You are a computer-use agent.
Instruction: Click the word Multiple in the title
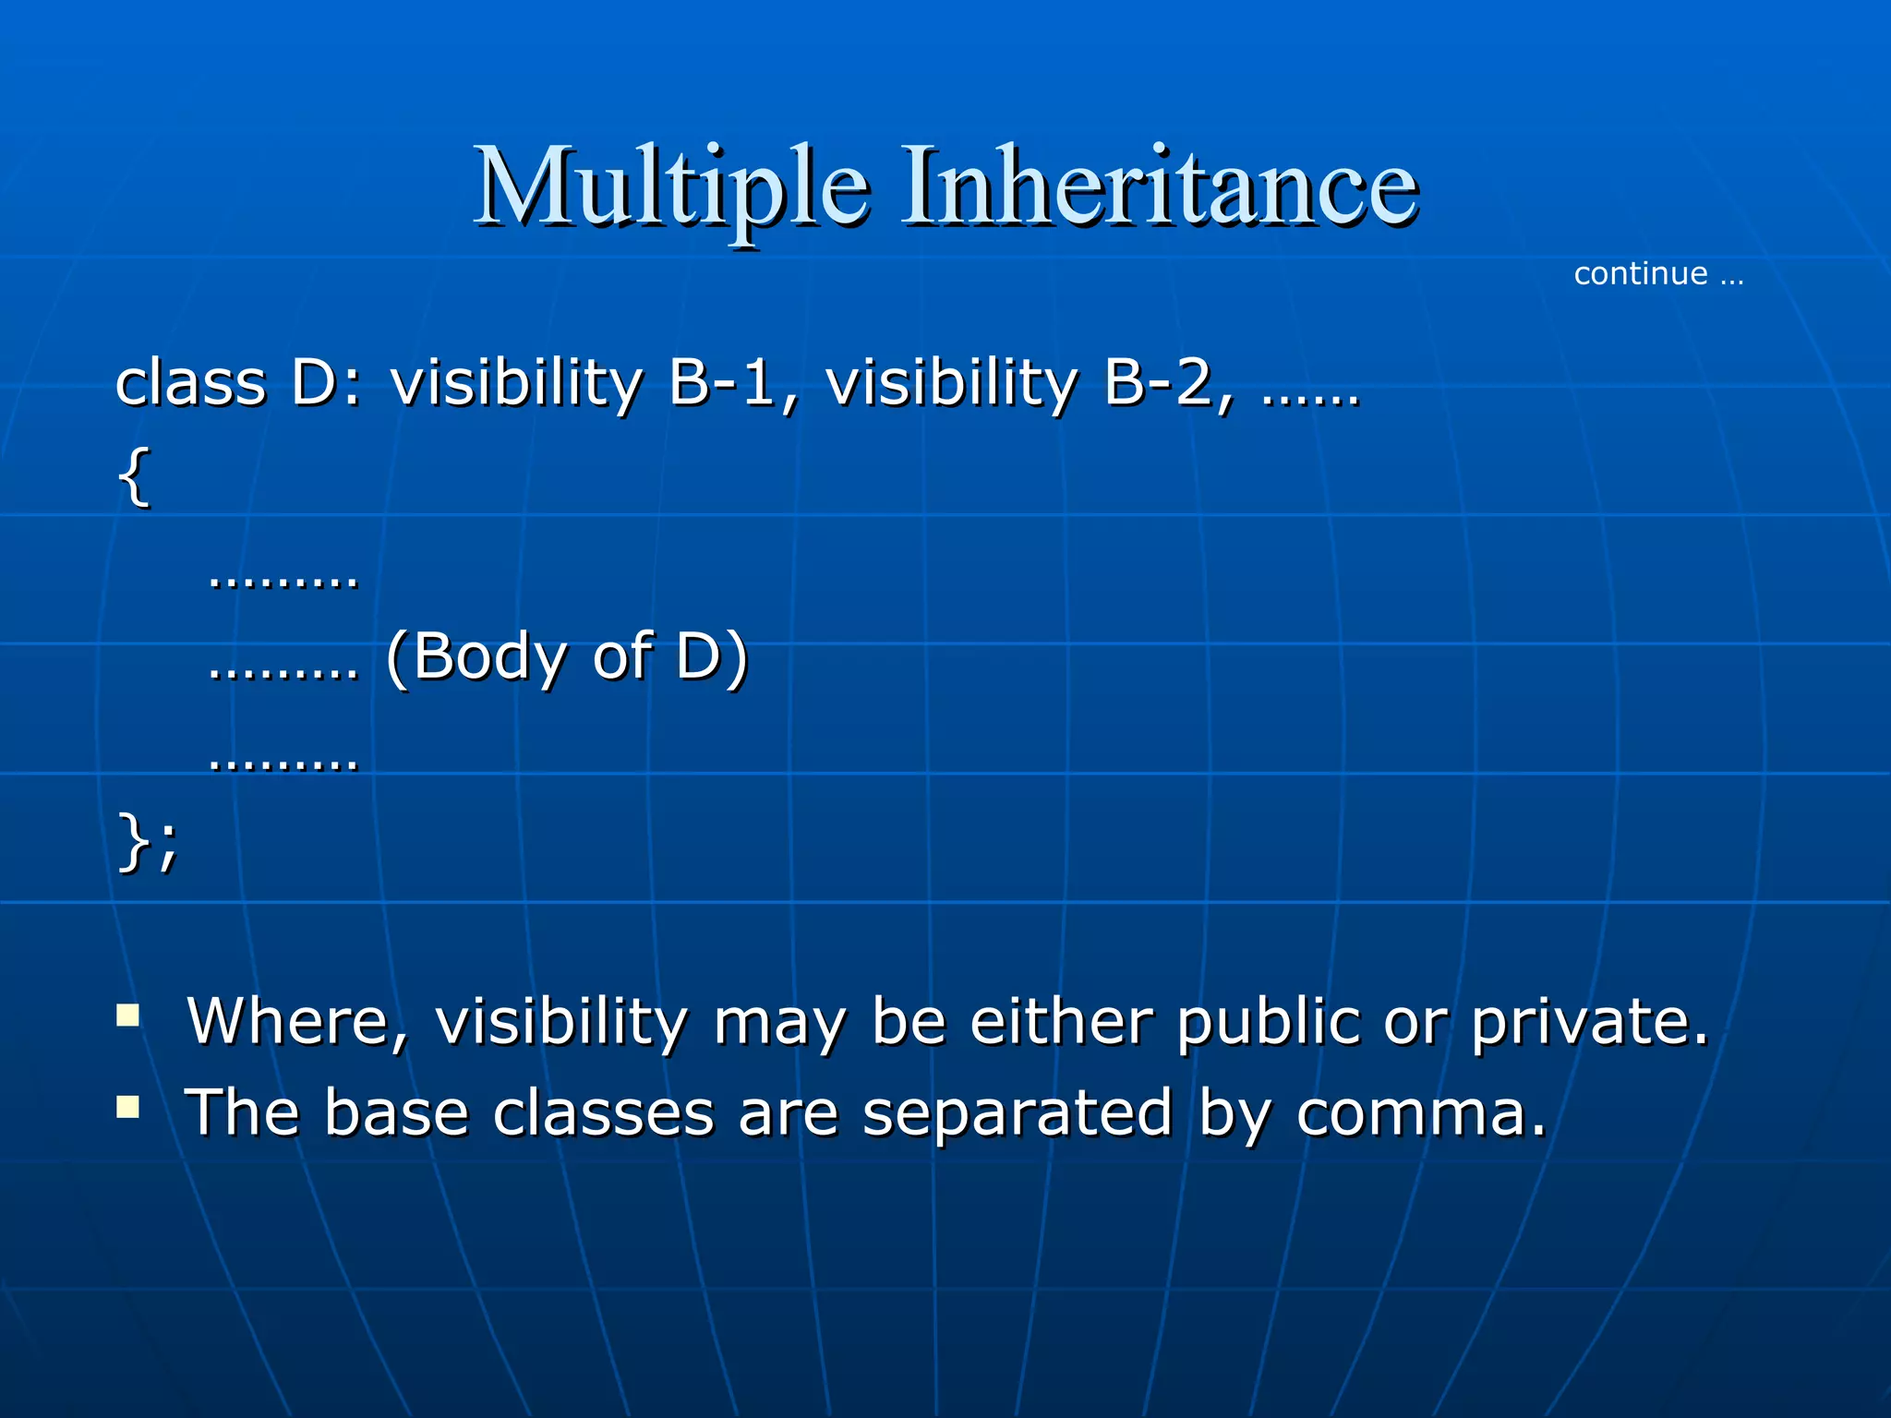(671, 187)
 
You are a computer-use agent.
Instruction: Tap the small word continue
(1640, 274)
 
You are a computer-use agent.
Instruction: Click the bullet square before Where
(128, 1016)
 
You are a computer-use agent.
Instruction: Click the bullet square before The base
(128, 1106)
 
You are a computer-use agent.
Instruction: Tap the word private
(1589, 1023)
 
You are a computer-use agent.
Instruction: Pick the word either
(1062, 1023)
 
